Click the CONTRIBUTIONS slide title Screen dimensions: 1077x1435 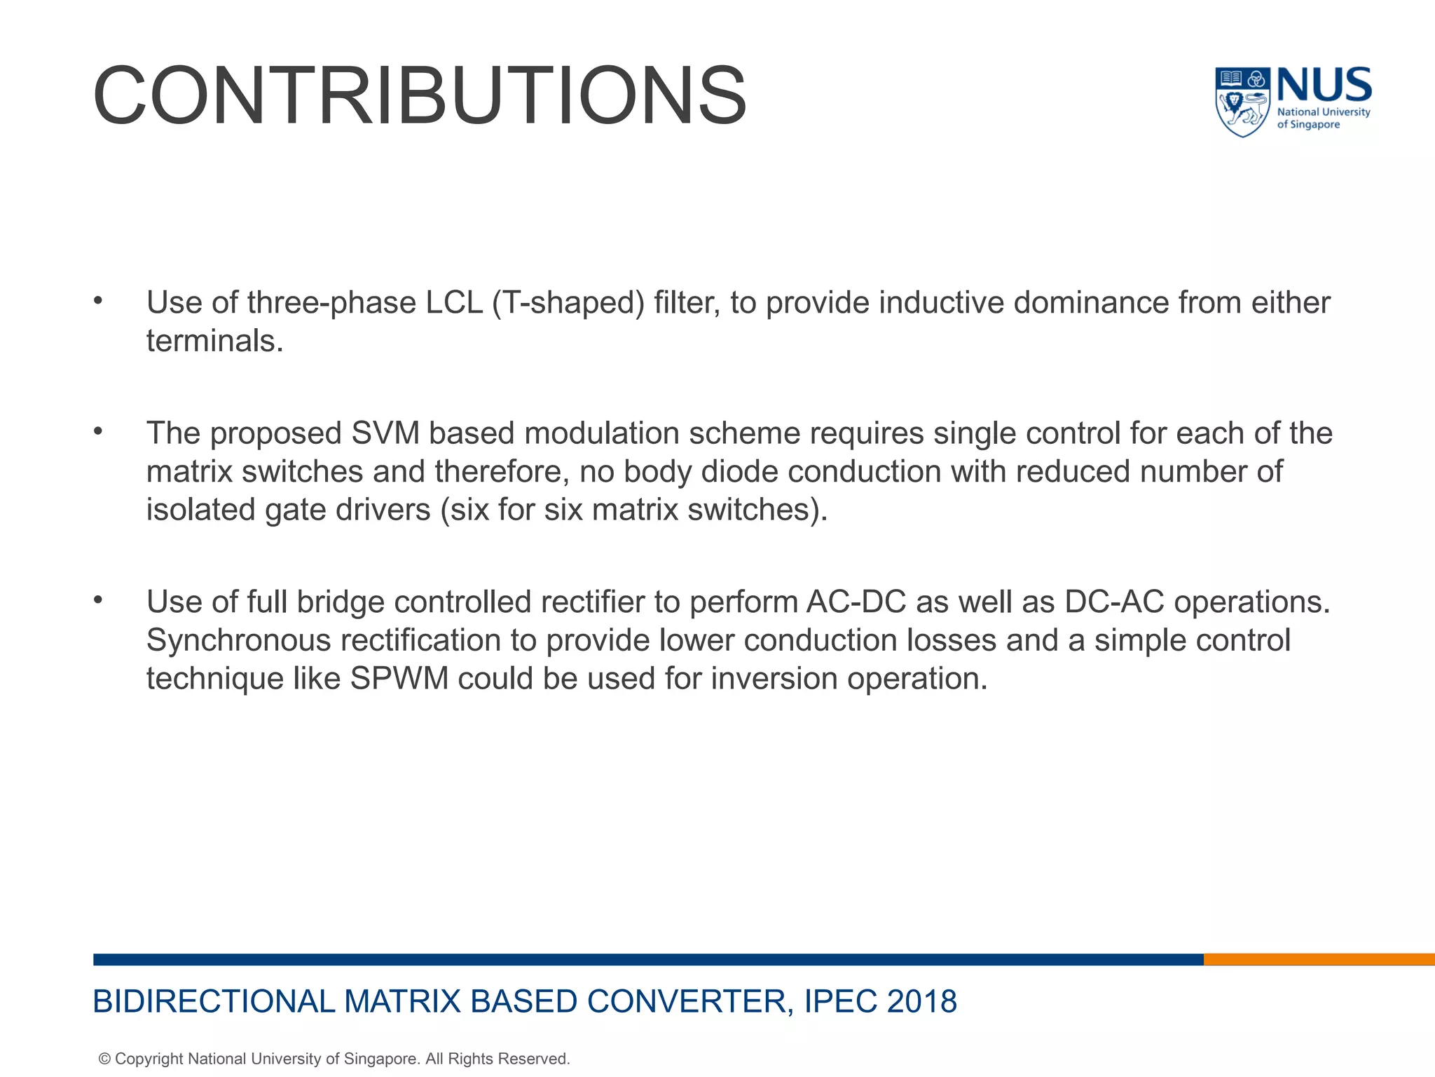[x=419, y=96]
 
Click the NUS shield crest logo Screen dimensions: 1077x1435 [x=1242, y=102]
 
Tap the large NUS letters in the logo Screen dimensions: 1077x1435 [x=1324, y=86]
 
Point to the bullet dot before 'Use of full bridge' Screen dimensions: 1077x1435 [x=98, y=600]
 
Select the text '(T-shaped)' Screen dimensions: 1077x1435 [x=568, y=303]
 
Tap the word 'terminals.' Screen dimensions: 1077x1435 [x=214, y=341]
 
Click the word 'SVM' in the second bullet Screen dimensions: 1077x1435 [x=385, y=433]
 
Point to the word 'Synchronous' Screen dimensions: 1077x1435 [x=238, y=640]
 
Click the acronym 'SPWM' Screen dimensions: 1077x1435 [x=399, y=679]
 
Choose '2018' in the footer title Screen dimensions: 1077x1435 [x=921, y=1001]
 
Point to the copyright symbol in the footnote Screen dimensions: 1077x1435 [x=104, y=1059]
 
